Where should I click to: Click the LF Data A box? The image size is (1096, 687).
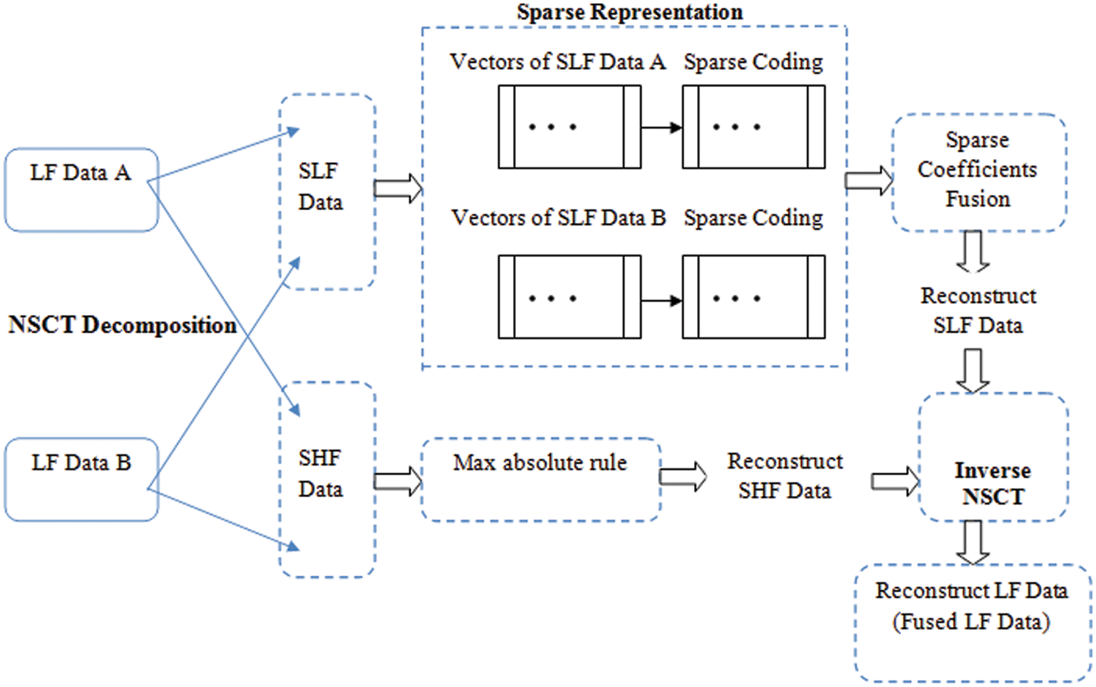click(81, 190)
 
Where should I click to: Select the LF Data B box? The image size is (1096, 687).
click(81, 479)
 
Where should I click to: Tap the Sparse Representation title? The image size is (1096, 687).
click(629, 12)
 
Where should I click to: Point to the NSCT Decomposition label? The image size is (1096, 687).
click(122, 325)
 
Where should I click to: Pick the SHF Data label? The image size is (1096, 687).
click(321, 473)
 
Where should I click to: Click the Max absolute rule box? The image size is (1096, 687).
click(541, 479)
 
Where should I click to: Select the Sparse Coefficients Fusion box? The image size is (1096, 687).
click(978, 172)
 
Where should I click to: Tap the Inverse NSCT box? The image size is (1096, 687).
click(993, 457)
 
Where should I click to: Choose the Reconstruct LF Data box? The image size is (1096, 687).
click(972, 622)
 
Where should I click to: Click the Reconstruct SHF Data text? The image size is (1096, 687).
click(785, 476)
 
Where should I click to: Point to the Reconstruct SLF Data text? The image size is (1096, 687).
click(978, 311)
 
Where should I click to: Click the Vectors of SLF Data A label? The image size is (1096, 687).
click(557, 62)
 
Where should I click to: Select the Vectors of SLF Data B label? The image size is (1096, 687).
click(558, 218)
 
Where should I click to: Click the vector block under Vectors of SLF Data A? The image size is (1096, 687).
click(569, 127)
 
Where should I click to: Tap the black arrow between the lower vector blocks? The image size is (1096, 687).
click(661, 301)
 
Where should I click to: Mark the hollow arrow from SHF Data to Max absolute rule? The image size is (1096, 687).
click(398, 481)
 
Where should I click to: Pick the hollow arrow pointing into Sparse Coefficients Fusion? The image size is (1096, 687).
click(868, 180)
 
